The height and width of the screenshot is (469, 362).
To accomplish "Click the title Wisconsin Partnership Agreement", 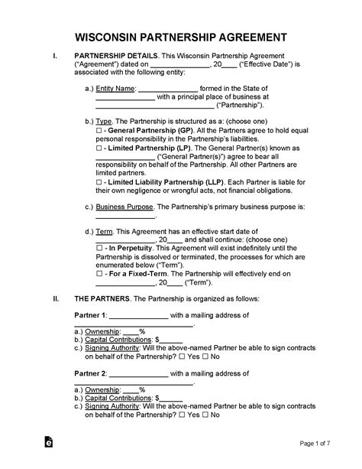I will coord(180,37).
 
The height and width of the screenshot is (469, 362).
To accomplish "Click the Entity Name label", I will coord(115,89).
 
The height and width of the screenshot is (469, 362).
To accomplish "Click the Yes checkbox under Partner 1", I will coord(181,357).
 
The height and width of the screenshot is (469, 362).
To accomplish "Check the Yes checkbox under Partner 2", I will coord(181,415).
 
